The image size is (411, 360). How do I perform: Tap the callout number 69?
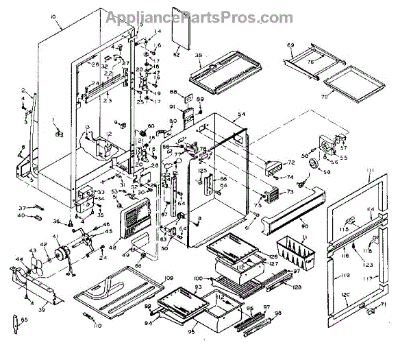[289, 45]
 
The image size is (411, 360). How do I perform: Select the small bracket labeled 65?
[16, 323]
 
